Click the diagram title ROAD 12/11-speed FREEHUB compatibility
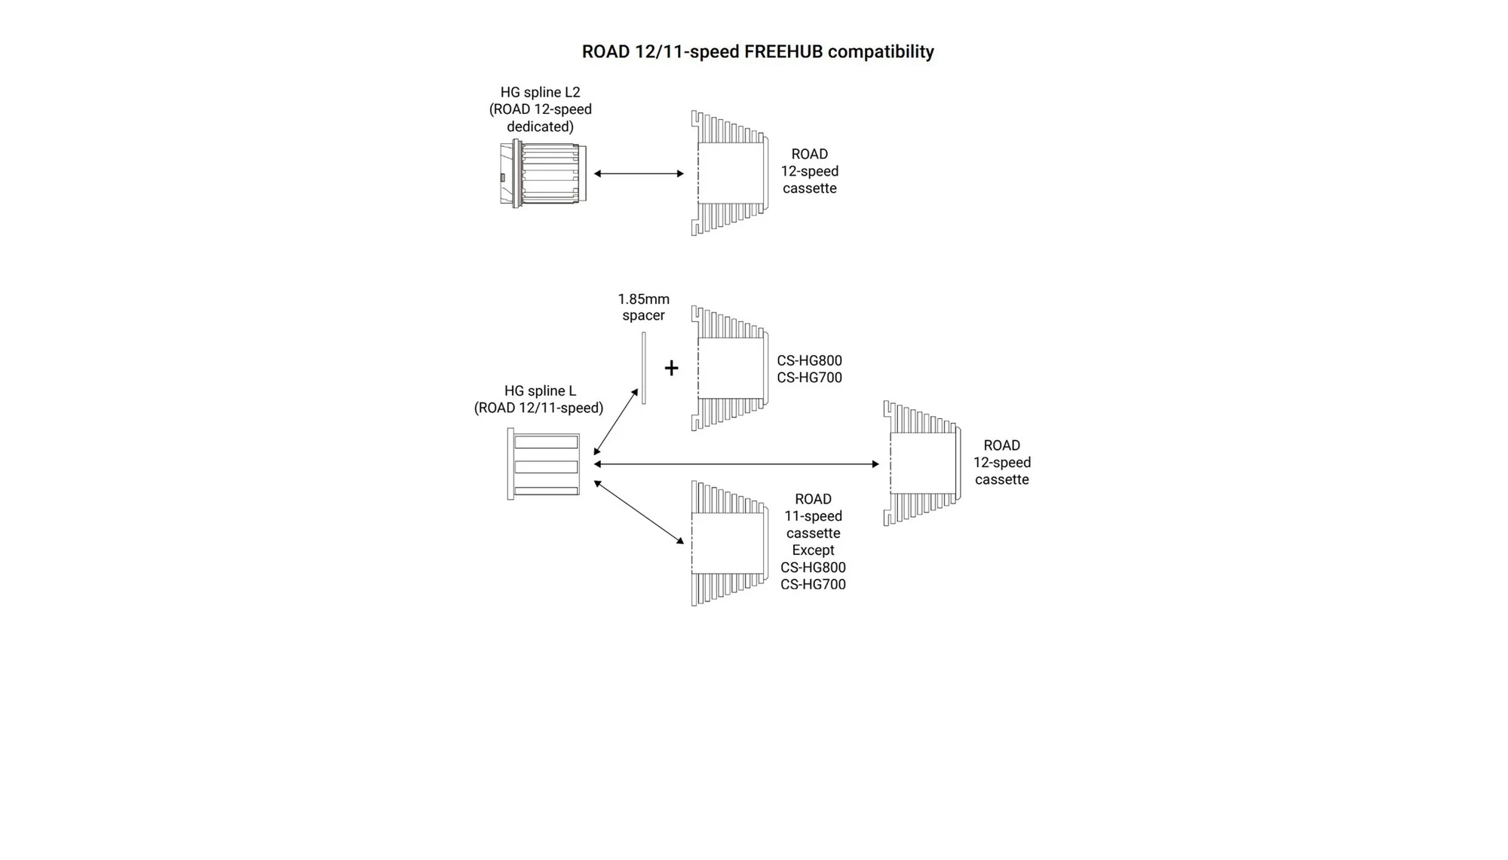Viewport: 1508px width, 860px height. (x=757, y=51)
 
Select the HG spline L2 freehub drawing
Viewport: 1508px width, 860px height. (x=543, y=173)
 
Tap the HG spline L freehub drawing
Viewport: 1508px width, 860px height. (x=544, y=464)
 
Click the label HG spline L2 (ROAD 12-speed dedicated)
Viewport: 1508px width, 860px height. (x=540, y=109)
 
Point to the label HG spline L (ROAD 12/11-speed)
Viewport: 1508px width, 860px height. (x=538, y=399)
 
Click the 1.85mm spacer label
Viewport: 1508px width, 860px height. (x=643, y=308)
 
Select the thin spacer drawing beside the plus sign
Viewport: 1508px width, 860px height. (x=643, y=368)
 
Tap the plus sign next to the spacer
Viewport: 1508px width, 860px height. (x=671, y=368)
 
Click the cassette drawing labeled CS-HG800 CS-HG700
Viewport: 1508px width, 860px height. (x=729, y=368)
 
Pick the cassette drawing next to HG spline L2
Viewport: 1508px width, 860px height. (x=729, y=173)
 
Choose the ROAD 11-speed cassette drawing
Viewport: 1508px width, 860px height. (x=729, y=543)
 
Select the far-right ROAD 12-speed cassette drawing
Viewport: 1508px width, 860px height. (x=921, y=463)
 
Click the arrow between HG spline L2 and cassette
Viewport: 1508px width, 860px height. (x=639, y=173)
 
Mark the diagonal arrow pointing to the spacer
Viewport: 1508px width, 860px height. (x=616, y=422)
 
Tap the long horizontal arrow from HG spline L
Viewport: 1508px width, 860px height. (x=736, y=464)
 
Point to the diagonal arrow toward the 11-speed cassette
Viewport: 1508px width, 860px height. (x=639, y=512)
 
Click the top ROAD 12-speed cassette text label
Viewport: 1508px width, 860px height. (x=809, y=171)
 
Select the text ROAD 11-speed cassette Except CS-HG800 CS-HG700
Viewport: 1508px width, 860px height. (x=813, y=541)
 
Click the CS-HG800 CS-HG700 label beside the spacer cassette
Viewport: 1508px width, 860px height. (x=809, y=369)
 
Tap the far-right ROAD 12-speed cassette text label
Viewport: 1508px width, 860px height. (x=1001, y=462)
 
